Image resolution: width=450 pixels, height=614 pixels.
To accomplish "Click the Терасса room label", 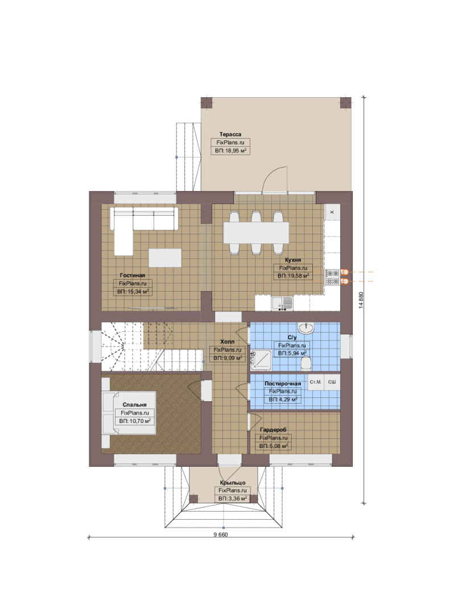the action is click(x=230, y=134).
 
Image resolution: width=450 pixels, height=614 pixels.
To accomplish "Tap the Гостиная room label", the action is click(x=133, y=275).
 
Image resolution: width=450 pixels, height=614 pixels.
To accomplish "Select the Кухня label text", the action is click(x=293, y=260).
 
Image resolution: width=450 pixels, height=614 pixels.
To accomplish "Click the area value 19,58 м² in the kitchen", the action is click(x=293, y=276).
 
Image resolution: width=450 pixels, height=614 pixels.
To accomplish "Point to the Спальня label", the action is click(x=134, y=405).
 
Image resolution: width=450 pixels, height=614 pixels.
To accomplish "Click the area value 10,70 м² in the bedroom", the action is click(x=135, y=421).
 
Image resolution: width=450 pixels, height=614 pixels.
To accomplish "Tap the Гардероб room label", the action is click(x=273, y=430).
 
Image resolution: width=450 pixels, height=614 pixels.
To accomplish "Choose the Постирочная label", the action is click(x=283, y=384).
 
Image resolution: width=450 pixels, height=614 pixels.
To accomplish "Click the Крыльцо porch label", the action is click(x=233, y=483).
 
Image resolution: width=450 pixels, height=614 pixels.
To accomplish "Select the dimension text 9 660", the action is click(x=221, y=534).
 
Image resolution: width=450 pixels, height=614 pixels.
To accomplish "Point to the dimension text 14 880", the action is click(x=361, y=300).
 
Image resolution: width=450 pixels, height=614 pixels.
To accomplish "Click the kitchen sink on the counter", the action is click(x=282, y=302).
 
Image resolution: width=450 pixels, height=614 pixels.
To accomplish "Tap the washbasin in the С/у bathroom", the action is click(x=305, y=328).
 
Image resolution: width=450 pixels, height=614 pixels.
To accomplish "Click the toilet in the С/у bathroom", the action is click(x=306, y=363).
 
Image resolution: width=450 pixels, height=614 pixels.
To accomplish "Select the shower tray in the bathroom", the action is click(x=261, y=359).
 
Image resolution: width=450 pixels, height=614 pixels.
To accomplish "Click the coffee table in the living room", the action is click(x=165, y=258).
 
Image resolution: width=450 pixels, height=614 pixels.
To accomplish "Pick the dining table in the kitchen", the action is click(x=256, y=233).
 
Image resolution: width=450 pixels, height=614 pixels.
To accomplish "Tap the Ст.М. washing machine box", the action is click(x=316, y=382).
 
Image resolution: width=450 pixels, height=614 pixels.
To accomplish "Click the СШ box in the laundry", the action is click(x=332, y=382).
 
